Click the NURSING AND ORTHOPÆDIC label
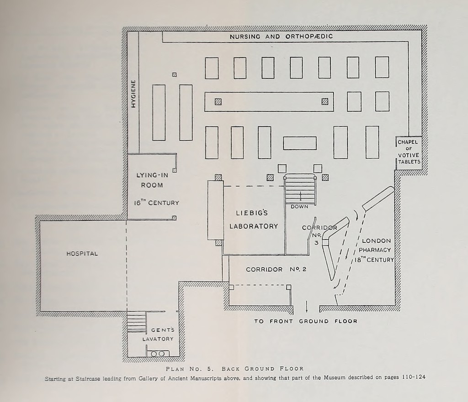pyautogui.click(x=281, y=37)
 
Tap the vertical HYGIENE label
pyautogui.click(x=133, y=93)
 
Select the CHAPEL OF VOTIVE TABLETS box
pyautogui.click(x=408, y=152)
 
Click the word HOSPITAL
pyautogui.click(x=82, y=254)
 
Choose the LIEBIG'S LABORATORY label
pyautogui.click(x=254, y=219)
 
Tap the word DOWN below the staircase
pyautogui.click(x=299, y=207)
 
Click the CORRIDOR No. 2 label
pyautogui.click(x=276, y=269)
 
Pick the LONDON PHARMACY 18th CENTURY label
pyautogui.click(x=375, y=251)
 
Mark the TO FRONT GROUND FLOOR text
pyautogui.click(x=305, y=321)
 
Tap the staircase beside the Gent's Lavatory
pyautogui.click(x=136, y=322)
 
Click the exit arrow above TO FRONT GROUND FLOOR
pyautogui.click(x=306, y=305)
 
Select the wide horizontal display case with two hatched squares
pyautogui.click(x=269, y=102)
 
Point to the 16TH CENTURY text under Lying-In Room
pyautogui.click(x=156, y=203)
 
